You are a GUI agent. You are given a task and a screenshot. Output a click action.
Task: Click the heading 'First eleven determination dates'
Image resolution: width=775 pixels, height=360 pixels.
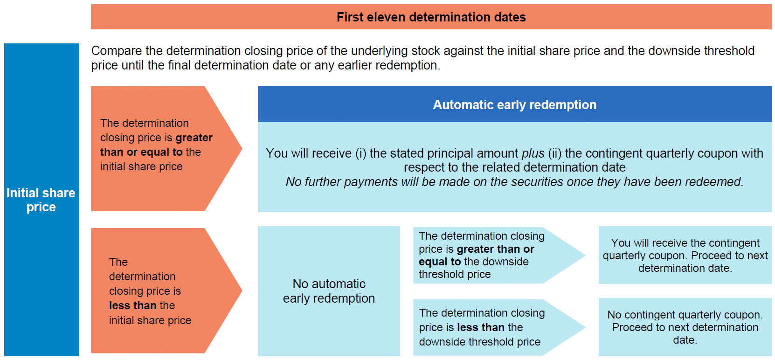point(431,17)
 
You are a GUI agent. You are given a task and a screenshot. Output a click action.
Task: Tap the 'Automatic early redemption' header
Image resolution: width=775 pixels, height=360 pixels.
point(515,104)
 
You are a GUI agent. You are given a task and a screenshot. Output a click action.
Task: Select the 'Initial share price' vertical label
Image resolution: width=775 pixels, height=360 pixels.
point(41,200)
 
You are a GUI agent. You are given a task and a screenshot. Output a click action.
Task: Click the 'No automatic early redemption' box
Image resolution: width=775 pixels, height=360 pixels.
point(329,291)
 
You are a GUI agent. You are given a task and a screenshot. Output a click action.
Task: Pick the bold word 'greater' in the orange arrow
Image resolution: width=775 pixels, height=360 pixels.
point(194,138)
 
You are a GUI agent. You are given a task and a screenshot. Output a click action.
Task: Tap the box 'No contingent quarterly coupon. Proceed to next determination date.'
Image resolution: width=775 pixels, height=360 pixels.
point(685,327)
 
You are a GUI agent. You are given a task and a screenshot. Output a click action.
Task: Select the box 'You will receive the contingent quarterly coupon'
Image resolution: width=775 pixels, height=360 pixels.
point(685,255)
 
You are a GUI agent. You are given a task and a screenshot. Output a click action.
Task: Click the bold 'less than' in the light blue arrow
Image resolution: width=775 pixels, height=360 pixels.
point(481,327)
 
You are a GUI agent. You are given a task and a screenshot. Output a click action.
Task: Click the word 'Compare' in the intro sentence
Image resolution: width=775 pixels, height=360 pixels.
point(117,51)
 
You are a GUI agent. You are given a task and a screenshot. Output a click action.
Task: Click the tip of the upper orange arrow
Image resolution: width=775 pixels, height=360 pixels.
point(242,148)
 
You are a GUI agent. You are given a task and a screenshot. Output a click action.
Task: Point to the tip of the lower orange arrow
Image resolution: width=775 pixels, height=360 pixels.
point(242,291)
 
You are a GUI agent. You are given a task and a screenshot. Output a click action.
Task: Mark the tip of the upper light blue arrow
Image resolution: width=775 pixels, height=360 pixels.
point(585,256)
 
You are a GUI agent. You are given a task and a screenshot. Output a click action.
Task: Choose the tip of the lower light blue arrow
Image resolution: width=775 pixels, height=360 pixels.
point(585,327)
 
